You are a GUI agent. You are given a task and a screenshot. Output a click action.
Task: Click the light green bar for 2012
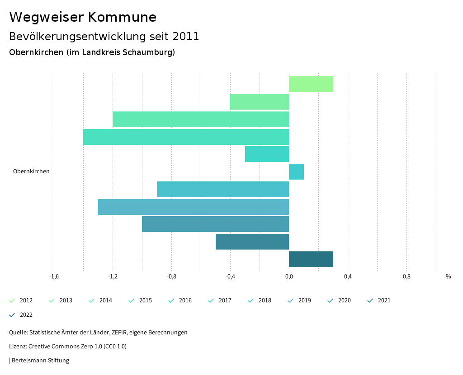tap(311, 84)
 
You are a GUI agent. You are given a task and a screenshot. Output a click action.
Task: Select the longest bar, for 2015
tap(186, 137)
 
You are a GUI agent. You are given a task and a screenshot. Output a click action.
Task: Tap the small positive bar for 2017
tap(296, 172)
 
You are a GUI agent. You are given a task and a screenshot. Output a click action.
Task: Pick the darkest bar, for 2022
tap(311, 259)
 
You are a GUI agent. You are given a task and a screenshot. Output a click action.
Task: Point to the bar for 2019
tap(194, 207)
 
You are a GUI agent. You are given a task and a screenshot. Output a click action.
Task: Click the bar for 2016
tap(267, 154)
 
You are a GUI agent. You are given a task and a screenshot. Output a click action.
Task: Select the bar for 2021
tap(252, 242)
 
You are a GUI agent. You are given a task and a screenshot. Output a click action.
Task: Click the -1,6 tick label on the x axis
tap(54, 277)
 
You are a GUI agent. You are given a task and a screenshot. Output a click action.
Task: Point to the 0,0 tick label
tap(289, 277)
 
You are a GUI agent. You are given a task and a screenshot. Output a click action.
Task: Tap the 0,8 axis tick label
tap(406, 277)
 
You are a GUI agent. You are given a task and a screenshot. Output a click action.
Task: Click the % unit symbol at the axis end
tap(448, 277)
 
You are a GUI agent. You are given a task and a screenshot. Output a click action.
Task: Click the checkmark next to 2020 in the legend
tap(331, 301)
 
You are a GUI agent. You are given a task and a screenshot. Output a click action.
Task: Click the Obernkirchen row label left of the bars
tap(31, 171)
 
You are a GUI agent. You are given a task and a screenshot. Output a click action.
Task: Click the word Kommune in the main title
tap(122, 17)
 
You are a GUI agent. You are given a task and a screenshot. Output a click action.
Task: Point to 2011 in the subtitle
tap(186, 37)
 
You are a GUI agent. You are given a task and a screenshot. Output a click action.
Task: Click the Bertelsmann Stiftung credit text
tap(40, 361)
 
